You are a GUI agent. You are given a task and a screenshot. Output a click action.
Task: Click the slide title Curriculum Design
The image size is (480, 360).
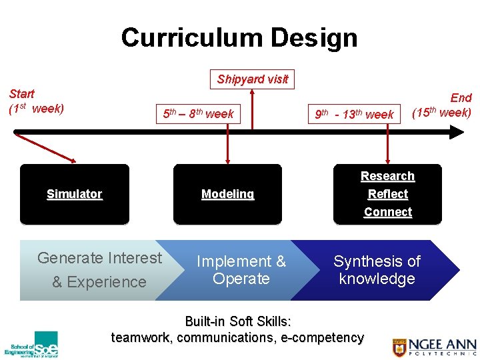[x=239, y=37]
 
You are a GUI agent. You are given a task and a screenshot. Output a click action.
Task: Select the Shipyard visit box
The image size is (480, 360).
[x=252, y=79]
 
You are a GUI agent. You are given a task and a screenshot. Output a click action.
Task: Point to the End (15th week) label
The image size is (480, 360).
[x=442, y=105]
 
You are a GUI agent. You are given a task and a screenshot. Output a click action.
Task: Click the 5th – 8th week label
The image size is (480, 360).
[x=198, y=114]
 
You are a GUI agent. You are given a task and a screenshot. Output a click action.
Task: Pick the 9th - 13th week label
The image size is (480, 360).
[x=354, y=115]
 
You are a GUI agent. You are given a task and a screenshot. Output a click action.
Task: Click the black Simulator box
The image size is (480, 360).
[x=75, y=194]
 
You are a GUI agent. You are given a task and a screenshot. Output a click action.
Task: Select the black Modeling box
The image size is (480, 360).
[x=227, y=194]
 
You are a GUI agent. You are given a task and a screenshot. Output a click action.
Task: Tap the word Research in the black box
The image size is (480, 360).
[x=387, y=176]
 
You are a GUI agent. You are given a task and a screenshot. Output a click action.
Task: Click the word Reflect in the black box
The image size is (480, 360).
[x=387, y=194]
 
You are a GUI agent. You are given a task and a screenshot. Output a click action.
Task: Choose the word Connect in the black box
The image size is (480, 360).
[x=387, y=212]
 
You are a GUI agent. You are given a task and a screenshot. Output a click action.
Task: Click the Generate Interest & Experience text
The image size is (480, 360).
[x=99, y=269]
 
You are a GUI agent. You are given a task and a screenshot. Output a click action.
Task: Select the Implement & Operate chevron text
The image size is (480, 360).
[x=241, y=270]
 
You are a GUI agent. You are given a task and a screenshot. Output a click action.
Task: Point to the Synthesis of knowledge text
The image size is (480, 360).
[x=377, y=270]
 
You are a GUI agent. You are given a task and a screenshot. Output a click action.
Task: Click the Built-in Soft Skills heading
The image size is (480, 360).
[x=237, y=323]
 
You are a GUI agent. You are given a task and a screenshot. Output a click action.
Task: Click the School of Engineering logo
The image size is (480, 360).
[x=31, y=345]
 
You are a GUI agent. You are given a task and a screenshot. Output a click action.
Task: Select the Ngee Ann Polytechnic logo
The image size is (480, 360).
[x=434, y=347]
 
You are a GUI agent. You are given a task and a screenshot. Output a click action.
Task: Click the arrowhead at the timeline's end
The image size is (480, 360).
[x=456, y=132]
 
